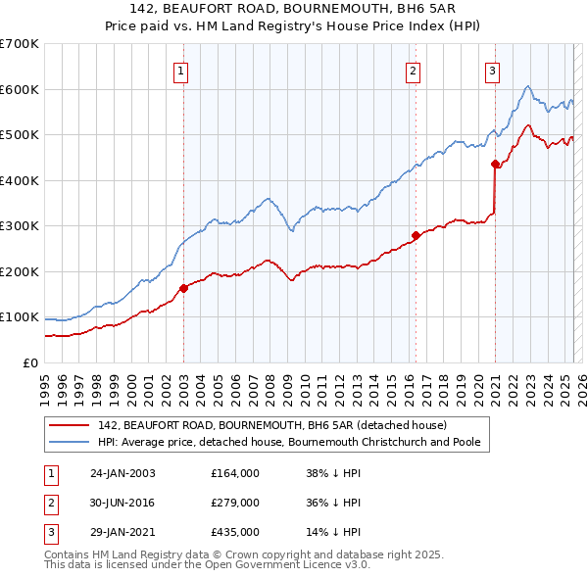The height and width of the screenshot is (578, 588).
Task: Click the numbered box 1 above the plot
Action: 183,71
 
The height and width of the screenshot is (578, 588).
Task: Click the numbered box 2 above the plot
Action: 415,71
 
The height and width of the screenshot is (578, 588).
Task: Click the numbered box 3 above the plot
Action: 492,71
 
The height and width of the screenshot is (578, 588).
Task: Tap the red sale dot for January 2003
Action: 183,288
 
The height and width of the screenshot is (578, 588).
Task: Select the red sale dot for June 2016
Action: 416,235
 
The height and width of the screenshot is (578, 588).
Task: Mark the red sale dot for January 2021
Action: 495,164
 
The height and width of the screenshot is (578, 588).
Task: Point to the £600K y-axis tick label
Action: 20,89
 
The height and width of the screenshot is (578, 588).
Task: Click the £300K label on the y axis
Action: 20,226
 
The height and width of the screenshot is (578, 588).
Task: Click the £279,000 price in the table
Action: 235,503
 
